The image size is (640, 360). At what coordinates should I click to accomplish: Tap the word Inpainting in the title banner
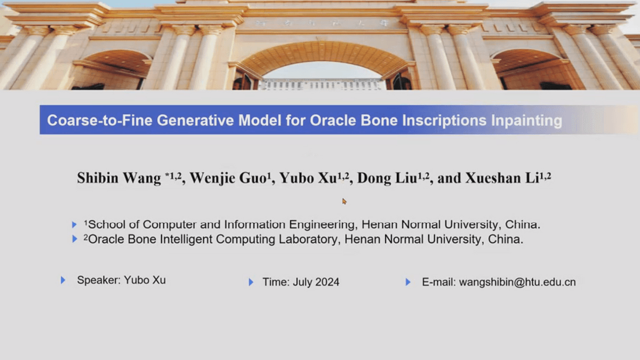click(x=526, y=121)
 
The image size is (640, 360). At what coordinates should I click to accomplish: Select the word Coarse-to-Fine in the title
click(x=99, y=121)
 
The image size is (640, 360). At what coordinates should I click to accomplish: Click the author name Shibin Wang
click(x=119, y=178)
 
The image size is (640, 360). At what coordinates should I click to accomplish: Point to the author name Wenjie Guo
click(x=228, y=178)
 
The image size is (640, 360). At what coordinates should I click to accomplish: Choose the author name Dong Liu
click(x=387, y=178)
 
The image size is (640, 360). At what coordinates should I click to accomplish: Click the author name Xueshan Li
click(x=502, y=178)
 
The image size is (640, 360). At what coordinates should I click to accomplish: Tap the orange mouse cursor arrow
click(x=345, y=202)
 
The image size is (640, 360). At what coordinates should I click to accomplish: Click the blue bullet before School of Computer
click(x=74, y=225)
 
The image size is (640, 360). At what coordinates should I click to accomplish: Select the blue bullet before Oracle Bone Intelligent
click(x=74, y=239)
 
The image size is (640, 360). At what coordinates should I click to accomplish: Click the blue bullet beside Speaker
click(x=63, y=280)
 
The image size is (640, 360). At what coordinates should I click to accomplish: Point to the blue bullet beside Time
click(x=251, y=282)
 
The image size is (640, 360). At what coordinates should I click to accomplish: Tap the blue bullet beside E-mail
click(x=408, y=282)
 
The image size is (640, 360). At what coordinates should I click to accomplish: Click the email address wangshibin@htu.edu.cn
click(x=517, y=282)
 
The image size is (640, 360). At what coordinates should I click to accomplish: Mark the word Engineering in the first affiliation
click(x=322, y=225)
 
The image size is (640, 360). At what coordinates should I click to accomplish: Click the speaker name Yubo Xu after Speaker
click(x=145, y=280)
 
